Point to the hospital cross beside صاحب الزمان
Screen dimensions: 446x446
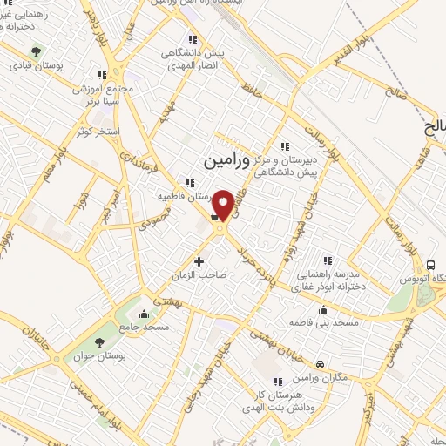click(199, 260)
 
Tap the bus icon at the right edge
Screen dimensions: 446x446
click(430, 265)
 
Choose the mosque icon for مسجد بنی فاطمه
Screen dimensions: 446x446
click(324, 309)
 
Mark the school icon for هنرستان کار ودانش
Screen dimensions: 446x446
click(277, 381)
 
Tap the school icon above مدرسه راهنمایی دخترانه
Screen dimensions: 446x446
click(328, 260)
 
